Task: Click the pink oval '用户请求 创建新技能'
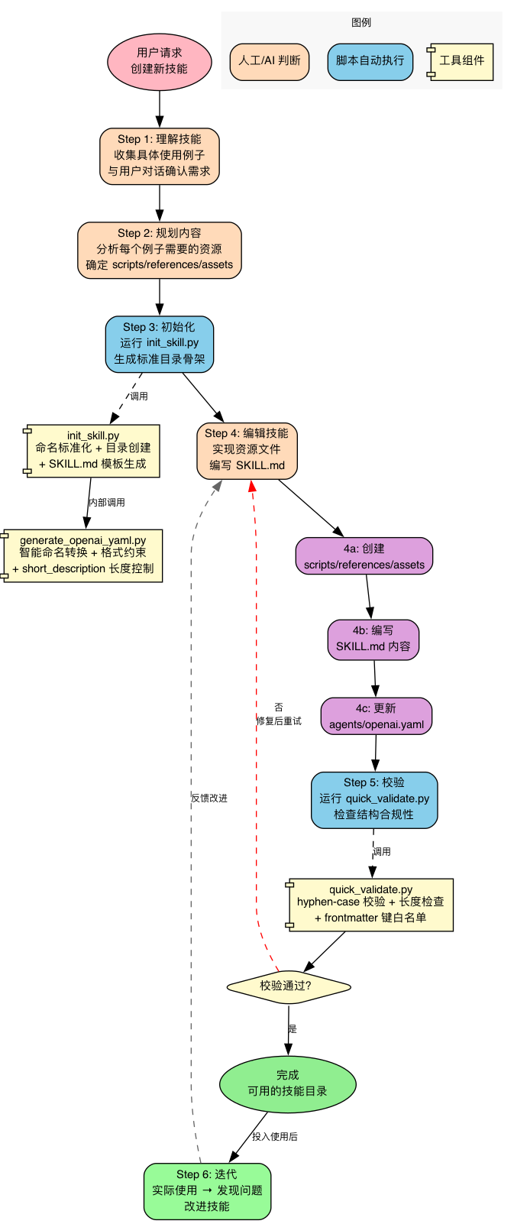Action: tap(159, 61)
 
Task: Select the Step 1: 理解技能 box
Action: tap(159, 156)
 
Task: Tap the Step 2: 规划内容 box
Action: tap(159, 250)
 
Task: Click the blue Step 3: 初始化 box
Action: tap(159, 344)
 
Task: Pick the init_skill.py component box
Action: tap(92, 451)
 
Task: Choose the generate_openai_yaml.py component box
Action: tap(82, 555)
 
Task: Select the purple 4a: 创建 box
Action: tap(364, 557)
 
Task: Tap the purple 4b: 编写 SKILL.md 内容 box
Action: tap(373, 639)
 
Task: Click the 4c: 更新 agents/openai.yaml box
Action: tap(377, 717)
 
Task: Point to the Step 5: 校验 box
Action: tap(374, 799)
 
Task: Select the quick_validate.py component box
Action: tap(370, 905)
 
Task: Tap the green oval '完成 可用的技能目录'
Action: tap(288, 1084)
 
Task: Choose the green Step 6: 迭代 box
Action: tap(207, 1191)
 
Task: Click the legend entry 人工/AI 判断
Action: tap(270, 61)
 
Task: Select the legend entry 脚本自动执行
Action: tap(370, 61)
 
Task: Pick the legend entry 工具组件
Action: tap(461, 61)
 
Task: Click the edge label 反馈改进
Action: tap(209, 798)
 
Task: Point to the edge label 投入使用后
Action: tap(275, 1137)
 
